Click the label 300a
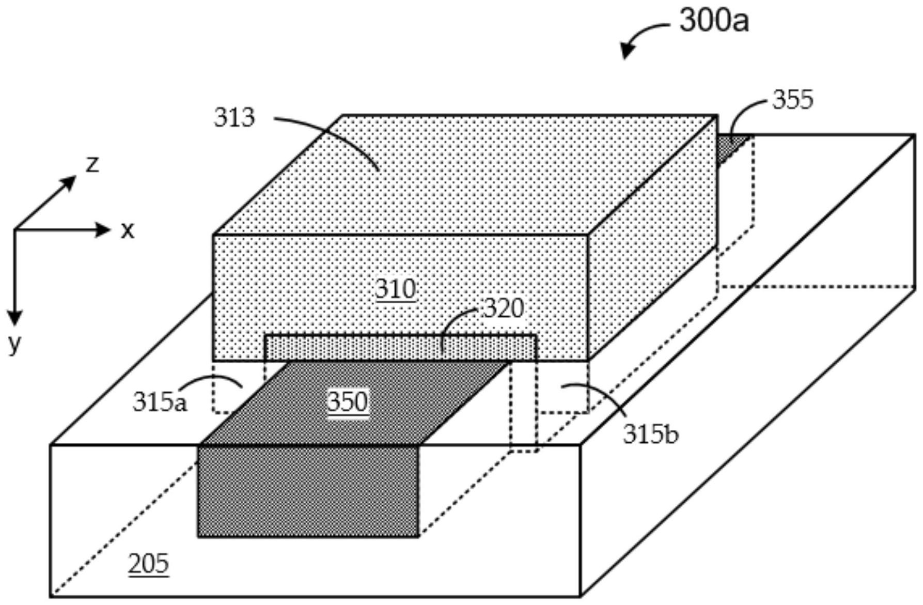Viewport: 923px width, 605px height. pyautogui.click(x=713, y=22)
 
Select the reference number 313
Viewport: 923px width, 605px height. pyautogui.click(x=234, y=118)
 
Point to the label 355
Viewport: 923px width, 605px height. pyautogui.click(x=792, y=99)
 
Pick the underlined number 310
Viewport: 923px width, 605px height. pyautogui.click(x=396, y=289)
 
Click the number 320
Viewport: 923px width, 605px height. pyautogui.click(x=504, y=308)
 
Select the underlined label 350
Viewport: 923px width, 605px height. pyautogui.click(x=348, y=401)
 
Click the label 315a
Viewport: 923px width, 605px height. pyautogui.click(x=160, y=402)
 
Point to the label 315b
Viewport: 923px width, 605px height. pyautogui.click(x=650, y=435)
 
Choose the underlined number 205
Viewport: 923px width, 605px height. pyautogui.click(x=148, y=563)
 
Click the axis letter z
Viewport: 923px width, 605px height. pyautogui.click(x=92, y=164)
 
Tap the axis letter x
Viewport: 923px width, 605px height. pyautogui.click(x=127, y=230)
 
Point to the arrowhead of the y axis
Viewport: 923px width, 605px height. pyautogui.click(x=14, y=317)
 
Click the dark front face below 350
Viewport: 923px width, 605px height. pyautogui.click(x=308, y=491)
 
